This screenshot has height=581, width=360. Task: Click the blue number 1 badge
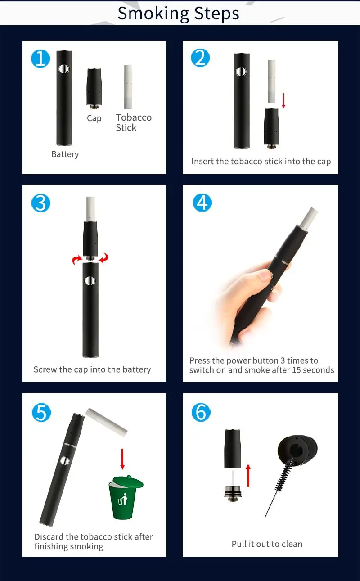pyautogui.click(x=40, y=59)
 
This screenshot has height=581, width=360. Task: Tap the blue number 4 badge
pyautogui.click(x=202, y=203)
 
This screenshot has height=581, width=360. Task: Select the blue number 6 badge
pyautogui.click(x=201, y=412)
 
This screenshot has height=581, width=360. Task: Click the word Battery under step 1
pyautogui.click(x=65, y=154)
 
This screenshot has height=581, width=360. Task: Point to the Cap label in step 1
pyautogui.click(x=94, y=118)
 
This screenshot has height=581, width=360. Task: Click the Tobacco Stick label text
pyautogui.click(x=134, y=122)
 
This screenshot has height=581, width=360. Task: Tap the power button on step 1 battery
pyautogui.click(x=64, y=69)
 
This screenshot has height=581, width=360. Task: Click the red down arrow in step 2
pyautogui.click(x=283, y=100)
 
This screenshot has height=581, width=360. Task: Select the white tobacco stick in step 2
pyautogui.click(x=271, y=81)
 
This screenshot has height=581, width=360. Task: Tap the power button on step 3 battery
pyautogui.click(x=90, y=281)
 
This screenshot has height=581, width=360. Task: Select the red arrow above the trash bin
pyautogui.click(x=122, y=459)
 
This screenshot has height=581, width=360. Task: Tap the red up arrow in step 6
pyautogui.click(x=248, y=475)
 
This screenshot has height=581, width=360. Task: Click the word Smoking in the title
pyautogui.click(x=153, y=14)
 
